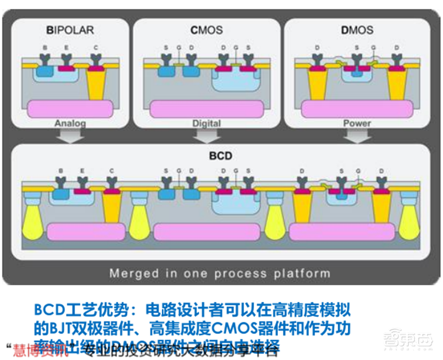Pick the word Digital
(206, 124)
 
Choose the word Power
(356, 124)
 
